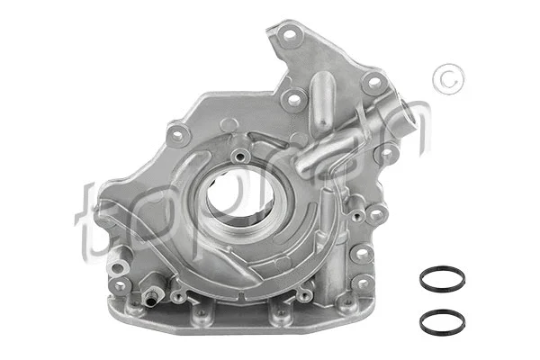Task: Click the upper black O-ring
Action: tap(442, 278)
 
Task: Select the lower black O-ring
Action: tap(442, 319)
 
